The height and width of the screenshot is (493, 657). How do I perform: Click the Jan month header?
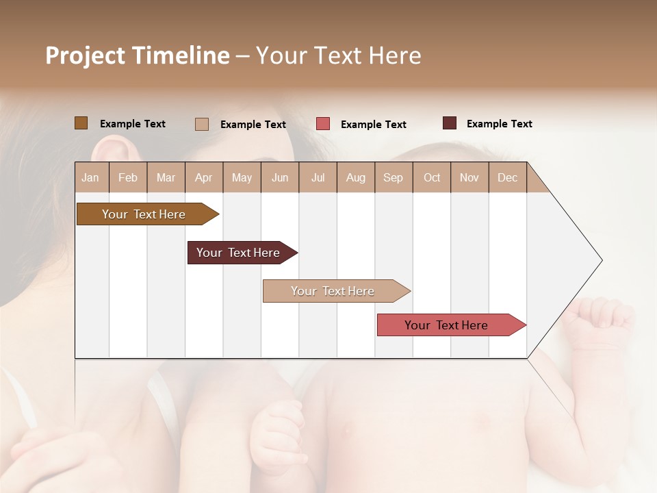coord(90,177)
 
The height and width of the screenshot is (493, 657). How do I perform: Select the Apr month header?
coord(203,177)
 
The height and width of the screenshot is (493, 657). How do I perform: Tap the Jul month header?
coord(318,177)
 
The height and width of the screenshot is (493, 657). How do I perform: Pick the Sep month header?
coord(393,177)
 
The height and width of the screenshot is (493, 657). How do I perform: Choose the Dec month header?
coord(507,177)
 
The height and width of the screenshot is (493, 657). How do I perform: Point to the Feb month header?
coord(128,177)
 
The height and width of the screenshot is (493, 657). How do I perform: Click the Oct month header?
coord(432,177)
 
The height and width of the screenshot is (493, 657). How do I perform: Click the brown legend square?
coord(81,123)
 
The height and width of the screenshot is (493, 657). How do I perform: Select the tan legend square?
coord(201,124)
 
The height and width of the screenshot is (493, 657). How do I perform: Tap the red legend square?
coord(323,124)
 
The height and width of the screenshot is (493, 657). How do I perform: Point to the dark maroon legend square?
coord(449,123)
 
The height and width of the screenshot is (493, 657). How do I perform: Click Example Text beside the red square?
coord(373,125)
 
